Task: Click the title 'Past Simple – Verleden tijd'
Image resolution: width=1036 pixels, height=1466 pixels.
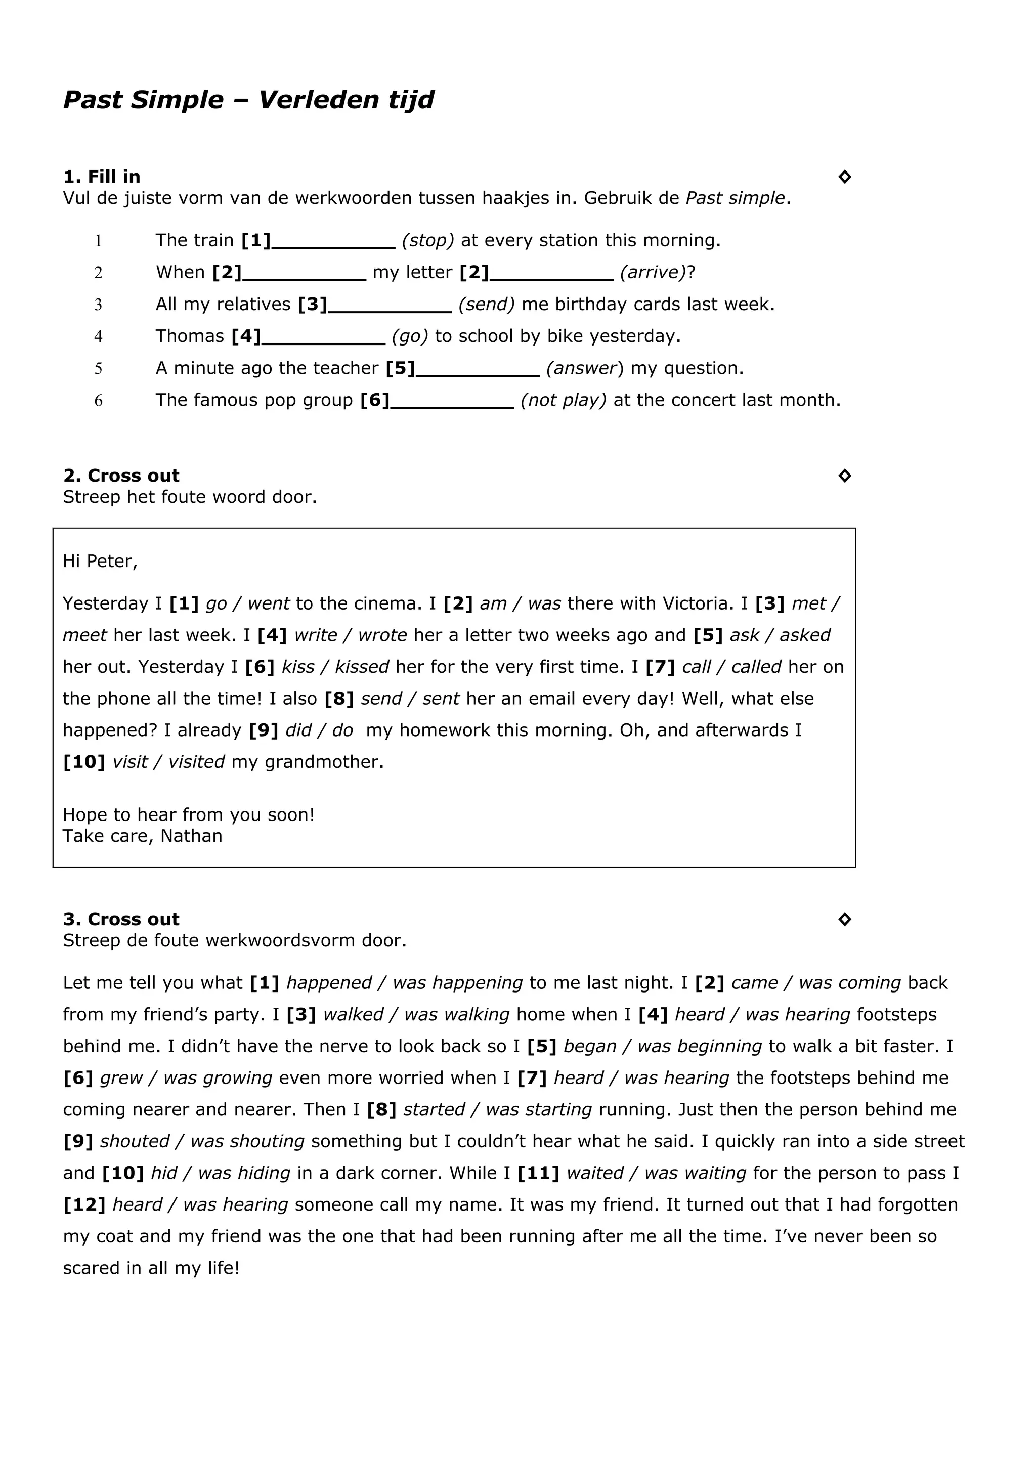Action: (x=248, y=100)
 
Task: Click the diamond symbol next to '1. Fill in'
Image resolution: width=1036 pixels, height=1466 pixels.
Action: (x=844, y=177)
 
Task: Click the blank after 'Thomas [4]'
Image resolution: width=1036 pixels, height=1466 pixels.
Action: (x=324, y=338)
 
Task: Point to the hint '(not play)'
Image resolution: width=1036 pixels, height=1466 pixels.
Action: (x=563, y=400)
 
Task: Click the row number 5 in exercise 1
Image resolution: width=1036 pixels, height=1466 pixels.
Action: (x=98, y=368)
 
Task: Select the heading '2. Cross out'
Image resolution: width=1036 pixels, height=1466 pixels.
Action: (x=121, y=476)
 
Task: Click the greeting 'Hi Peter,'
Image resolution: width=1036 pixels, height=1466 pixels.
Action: (x=100, y=561)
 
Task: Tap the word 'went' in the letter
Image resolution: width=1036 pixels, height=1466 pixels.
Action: (x=268, y=603)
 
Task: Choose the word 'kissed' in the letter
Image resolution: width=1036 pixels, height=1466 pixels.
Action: (x=362, y=667)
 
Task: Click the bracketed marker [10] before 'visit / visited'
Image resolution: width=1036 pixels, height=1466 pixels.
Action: (x=83, y=762)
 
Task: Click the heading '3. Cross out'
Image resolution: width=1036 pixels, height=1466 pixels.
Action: (x=121, y=920)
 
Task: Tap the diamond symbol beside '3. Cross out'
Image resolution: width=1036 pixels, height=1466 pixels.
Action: (x=844, y=920)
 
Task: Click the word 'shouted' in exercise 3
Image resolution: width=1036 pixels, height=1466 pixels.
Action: (x=134, y=1142)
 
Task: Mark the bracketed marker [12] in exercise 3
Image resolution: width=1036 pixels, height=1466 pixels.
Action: (x=83, y=1205)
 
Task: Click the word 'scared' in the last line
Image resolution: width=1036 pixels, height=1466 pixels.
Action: (x=91, y=1268)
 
